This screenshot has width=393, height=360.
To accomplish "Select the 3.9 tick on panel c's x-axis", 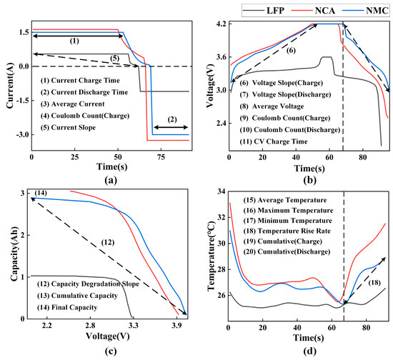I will coord(175,326).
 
